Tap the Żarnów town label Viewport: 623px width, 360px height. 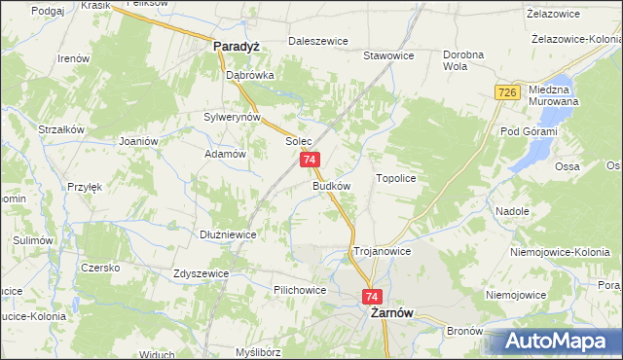click(388, 314)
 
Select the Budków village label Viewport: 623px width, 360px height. click(331, 185)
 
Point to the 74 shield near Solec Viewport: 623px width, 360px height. click(309, 160)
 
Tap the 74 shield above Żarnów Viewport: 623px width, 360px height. click(372, 296)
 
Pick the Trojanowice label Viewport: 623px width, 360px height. click(382, 251)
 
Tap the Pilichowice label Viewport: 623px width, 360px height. click(300, 290)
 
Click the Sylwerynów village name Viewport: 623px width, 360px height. click(231, 117)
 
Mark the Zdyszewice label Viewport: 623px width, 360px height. click(201, 273)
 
